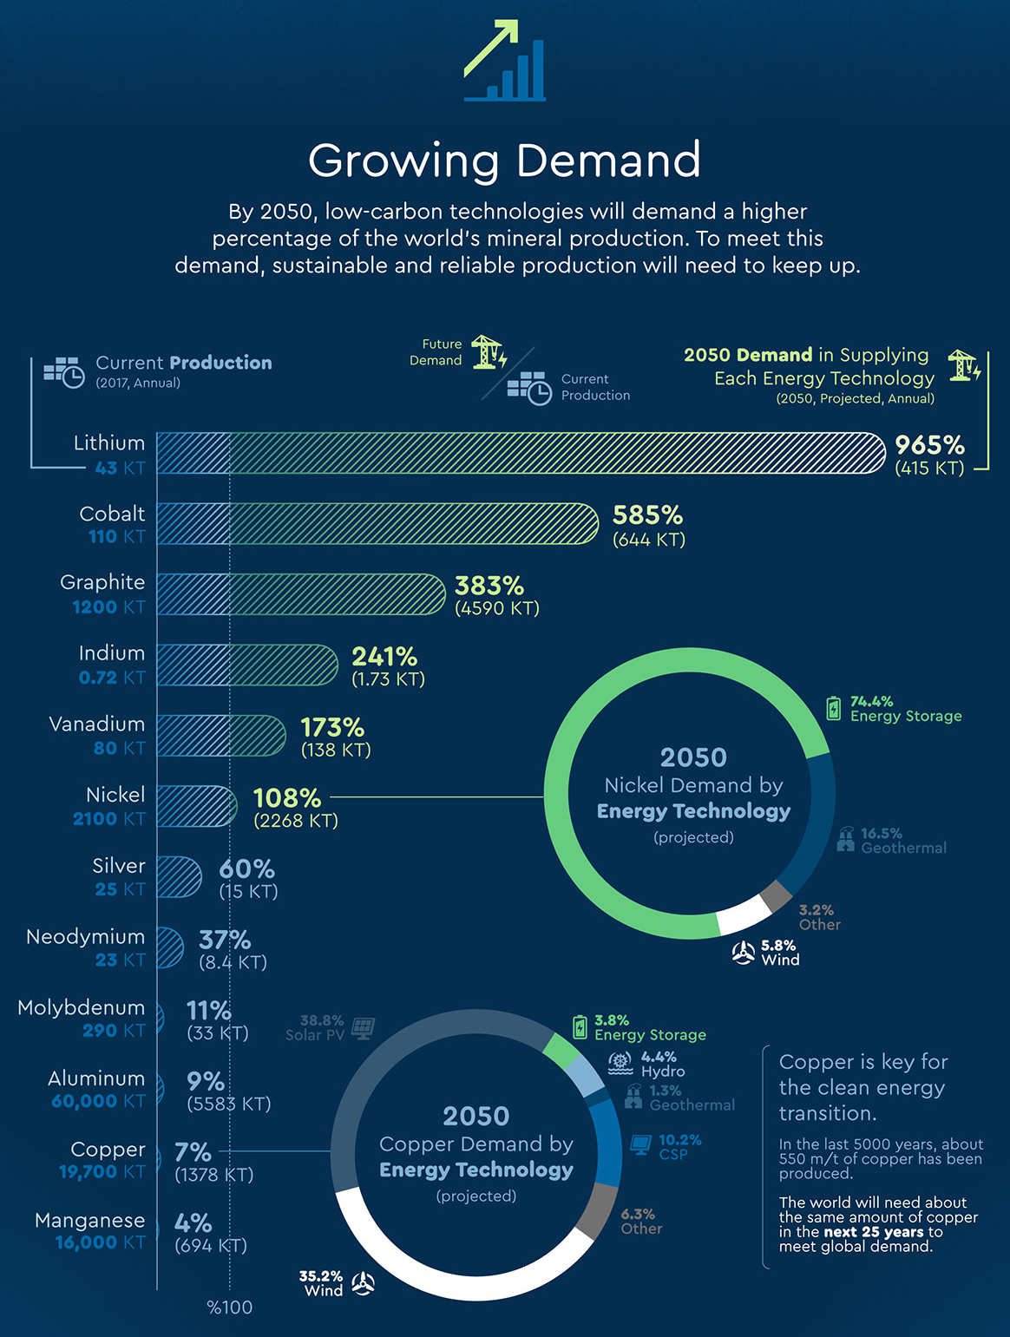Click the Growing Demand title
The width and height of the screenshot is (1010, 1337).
(x=504, y=161)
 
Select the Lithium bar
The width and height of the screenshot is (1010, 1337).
(x=521, y=453)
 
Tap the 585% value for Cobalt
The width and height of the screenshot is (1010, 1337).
(x=647, y=515)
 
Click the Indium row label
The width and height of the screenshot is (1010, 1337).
(x=112, y=653)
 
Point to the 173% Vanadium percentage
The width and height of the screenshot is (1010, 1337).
(x=332, y=727)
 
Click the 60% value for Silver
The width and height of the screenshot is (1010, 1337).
(x=246, y=868)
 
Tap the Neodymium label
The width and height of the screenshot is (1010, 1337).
(x=85, y=937)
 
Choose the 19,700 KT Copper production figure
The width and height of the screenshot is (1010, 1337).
(x=102, y=1172)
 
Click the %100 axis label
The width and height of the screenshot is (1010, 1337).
(x=230, y=1308)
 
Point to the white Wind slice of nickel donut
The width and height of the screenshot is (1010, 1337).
(x=744, y=915)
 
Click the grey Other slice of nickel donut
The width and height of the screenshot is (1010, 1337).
(x=776, y=896)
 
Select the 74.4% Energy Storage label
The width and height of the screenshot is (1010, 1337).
(x=905, y=709)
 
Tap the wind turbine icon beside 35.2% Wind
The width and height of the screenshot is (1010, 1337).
(x=364, y=1283)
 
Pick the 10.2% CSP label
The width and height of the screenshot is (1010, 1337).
(x=679, y=1147)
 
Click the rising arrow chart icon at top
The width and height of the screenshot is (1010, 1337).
(x=504, y=61)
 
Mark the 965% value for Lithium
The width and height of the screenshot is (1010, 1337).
(x=929, y=445)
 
